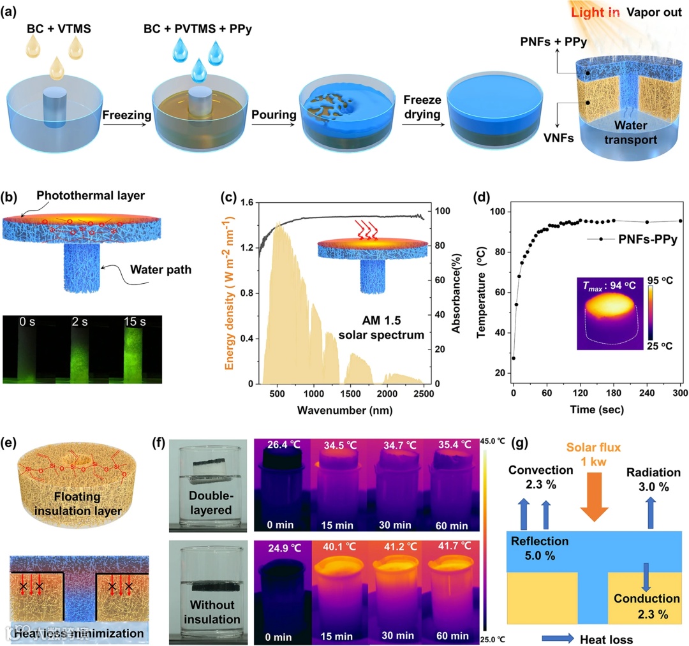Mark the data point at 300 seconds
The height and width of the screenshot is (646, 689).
click(x=680, y=221)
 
